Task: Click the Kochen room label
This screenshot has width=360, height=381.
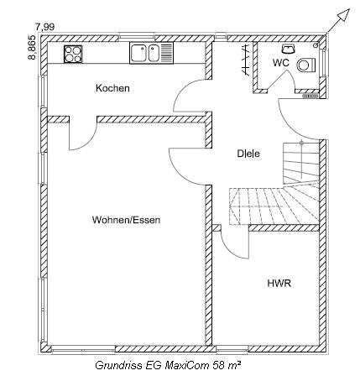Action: [112, 88]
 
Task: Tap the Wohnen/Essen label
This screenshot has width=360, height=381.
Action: [126, 220]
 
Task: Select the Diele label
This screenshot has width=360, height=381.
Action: [248, 154]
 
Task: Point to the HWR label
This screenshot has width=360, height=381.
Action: [279, 284]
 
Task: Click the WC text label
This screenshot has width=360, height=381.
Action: [281, 63]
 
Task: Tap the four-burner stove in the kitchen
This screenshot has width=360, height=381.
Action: [73, 54]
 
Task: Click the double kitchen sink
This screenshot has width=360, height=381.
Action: [151, 53]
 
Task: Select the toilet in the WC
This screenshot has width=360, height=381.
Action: [306, 65]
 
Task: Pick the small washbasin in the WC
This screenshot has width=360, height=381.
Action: [288, 49]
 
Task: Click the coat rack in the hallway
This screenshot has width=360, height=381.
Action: [245, 60]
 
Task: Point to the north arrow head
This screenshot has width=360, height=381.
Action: [344, 14]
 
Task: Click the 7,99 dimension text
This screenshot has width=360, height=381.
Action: [44, 27]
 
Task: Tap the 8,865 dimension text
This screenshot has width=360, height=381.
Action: [32, 47]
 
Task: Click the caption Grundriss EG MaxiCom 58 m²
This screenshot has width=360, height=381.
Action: [169, 365]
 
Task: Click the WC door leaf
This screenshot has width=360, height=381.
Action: [277, 81]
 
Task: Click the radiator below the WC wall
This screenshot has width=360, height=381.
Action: [310, 96]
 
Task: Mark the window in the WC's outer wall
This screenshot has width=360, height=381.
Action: [324, 62]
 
